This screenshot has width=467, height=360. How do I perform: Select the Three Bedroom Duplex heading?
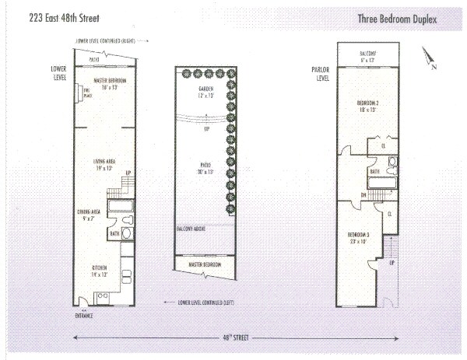tap(398, 18)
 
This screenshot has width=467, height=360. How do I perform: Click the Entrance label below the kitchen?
tap(85, 316)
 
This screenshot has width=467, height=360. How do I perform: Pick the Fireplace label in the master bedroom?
tap(87, 94)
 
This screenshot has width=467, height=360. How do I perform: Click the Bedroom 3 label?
tap(358, 238)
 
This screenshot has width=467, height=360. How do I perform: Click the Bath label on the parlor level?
tap(374, 172)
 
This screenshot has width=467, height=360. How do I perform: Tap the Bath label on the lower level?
tap(114, 232)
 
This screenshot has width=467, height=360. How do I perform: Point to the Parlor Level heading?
tap(321, 74)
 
